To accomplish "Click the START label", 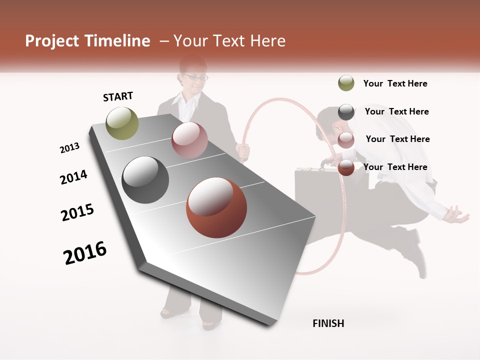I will pyautogui.click(x=118, y=96).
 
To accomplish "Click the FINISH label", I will pyautogui.click(x=328, y=323).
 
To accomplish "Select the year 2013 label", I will pyautogui.click(x=69, y=148).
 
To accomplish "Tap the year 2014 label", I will pyautogui.click(x=73, y=177).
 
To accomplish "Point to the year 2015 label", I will pyautogui.click(x=77, y=212).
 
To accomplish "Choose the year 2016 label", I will pyautogui.click(x=85, y=253).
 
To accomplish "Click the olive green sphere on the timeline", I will pyautogui.click(x=122, y=123).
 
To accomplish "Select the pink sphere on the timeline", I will pyautogui.click(x=189, y=140).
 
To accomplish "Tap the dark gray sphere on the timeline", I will pyautogui.click(x=145, y=180).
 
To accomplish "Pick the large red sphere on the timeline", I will pyautogui.click(x=216, y=207).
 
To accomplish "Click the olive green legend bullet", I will pyautogui.click(x=346, y=83).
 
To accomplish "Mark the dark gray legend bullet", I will pyautogui.click(x=346, y=111).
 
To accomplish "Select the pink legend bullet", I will pyautogui.click(x=346, y=139).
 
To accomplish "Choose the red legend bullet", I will pyautogui.click(x=346, y=167).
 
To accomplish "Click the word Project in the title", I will pyautogui.click(x=51, y=41).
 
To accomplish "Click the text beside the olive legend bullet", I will pyautogui.click(x=395, y=83).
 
